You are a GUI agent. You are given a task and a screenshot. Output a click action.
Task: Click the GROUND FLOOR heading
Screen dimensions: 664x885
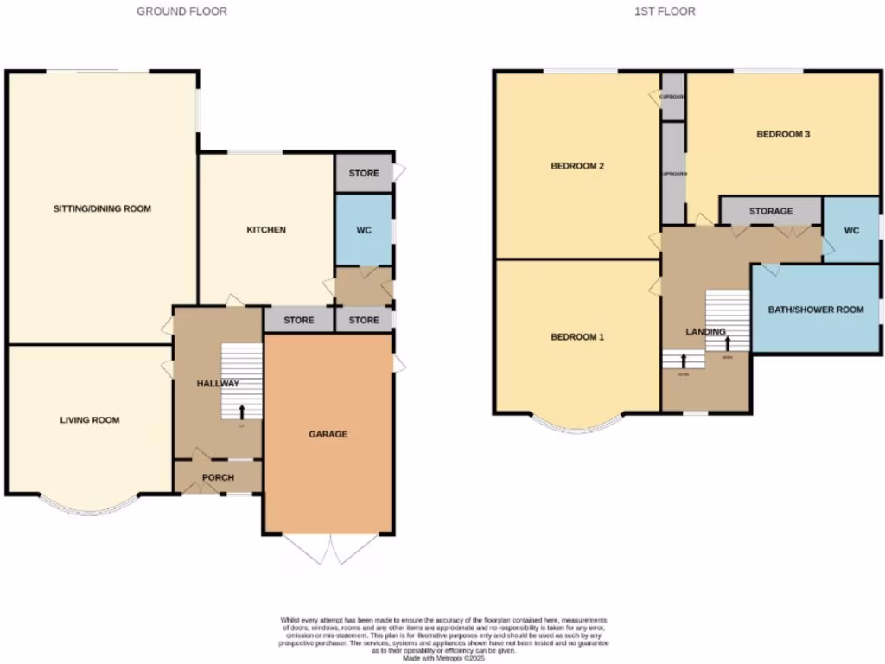click(x=182, y=11)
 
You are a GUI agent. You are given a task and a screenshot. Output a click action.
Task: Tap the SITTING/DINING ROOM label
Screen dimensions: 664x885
click(x=102, y=208)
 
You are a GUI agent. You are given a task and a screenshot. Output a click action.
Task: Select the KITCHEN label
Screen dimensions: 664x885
click(x=266, y=229)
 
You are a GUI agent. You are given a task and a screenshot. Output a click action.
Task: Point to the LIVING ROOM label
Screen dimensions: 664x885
click(x=90, y=420)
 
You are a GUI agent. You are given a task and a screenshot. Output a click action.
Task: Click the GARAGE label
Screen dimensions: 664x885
click(x=328, y=434)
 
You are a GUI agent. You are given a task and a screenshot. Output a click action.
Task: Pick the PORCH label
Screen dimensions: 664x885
click(x=218, y=477)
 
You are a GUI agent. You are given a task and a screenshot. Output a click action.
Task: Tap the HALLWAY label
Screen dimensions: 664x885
click(x=218, y=383)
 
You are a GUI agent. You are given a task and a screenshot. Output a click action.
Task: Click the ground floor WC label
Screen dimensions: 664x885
click(x=364, y=231)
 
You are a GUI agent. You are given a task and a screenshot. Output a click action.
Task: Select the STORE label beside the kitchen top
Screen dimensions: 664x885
click(x=364, y=173)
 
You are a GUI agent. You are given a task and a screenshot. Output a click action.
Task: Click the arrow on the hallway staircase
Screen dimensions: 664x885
click(x=241, y=411)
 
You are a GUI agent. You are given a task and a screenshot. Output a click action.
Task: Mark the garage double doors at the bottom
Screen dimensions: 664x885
click(x=331, y=549)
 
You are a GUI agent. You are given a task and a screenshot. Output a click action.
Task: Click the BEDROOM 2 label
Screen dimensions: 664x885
click(x=576, y=166)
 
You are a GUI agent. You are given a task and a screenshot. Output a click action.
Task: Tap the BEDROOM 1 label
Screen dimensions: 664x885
click(x=576, y=336)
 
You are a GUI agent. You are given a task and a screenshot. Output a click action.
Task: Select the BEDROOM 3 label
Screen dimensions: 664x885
click(x=782, y=134)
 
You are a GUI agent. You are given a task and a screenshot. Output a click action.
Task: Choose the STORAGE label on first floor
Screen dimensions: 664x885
click(x=771, y=211)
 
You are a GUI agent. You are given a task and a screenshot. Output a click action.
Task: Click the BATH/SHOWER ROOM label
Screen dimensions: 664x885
click(x=817, y=309)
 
